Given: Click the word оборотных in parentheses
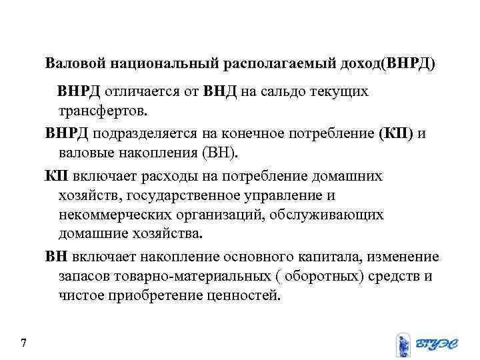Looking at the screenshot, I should point(321,275).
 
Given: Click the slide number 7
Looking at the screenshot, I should point(24,343).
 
